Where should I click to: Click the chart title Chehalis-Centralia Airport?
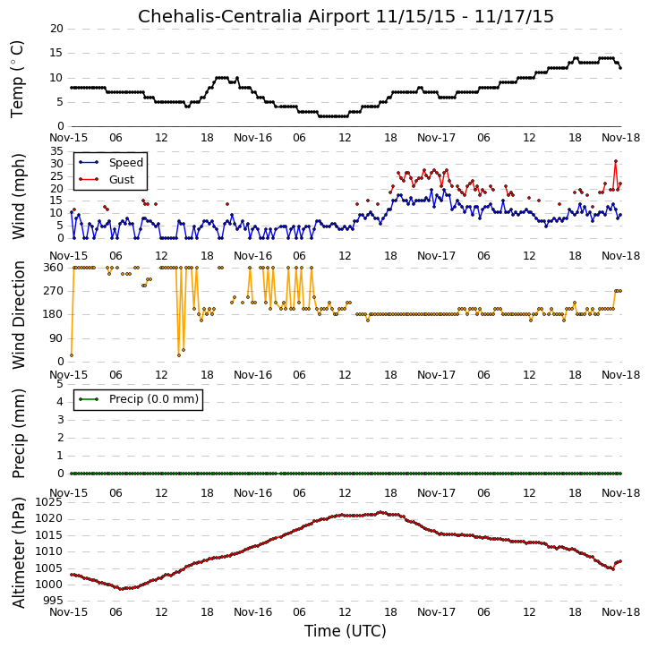click(x=253, y=16)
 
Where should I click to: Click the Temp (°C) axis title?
click(x=17, y=79)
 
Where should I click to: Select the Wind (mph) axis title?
click(x=19, y=196)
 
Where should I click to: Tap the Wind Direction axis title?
click(x=19, y=315)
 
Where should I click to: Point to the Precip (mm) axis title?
click(x=19, y=433)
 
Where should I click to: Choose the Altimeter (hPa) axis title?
click(x=19, y=552)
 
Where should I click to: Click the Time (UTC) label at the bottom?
click(x=346, y=631)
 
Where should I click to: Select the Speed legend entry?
click(x=126, y=163)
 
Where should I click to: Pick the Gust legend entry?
click(x=121, y=180)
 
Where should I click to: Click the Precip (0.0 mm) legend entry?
click(x=154, y=399)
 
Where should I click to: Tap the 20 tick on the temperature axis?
click(x=56, y=29)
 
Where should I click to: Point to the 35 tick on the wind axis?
click(x=56, y=150)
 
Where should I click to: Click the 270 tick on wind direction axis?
click(x=54, y=291)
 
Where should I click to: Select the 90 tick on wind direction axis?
click(x=56, y=338)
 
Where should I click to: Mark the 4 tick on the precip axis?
click(x=61, y=402)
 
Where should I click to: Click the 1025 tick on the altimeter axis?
click(x=49, y=502)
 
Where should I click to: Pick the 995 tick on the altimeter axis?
click(x=54, y=601)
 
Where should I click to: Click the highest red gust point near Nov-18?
click(x=616, y=161)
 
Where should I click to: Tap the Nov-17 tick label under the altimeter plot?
click(x=436, y=612)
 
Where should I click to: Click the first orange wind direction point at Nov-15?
click(x=72, y=355)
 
